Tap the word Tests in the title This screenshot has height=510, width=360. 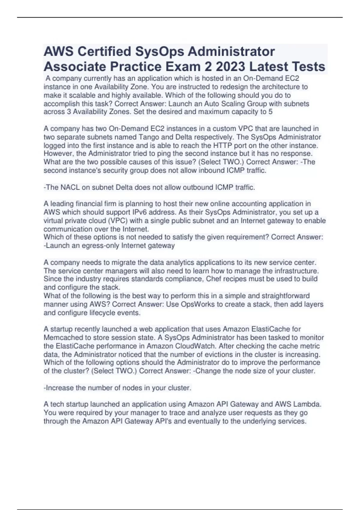pyautogui.click(x=307, y=67)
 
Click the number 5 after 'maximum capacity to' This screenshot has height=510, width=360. pyautogui.click(x=270, y=112)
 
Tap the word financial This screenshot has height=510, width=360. pyautogui.click(x=90, y=204)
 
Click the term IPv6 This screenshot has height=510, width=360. pyautogui.click(x=139, y=212)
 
